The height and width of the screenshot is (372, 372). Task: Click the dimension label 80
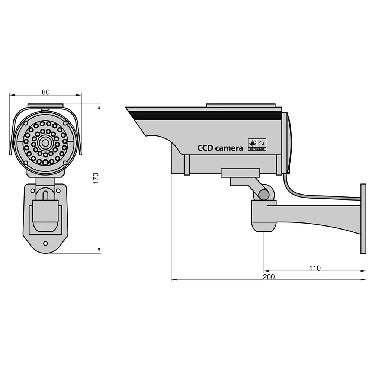pos(45,92)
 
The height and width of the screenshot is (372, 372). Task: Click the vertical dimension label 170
pos(96,178)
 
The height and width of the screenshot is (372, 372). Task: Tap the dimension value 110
pos(315,268)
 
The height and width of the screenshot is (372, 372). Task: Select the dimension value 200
pos(269,277)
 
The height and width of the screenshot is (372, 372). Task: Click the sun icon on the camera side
pos(253,143)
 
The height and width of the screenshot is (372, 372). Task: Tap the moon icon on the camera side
pos(262,143)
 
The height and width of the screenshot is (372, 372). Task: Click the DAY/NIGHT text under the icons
pos(257,149)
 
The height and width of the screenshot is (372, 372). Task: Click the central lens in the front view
pos(45,143)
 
